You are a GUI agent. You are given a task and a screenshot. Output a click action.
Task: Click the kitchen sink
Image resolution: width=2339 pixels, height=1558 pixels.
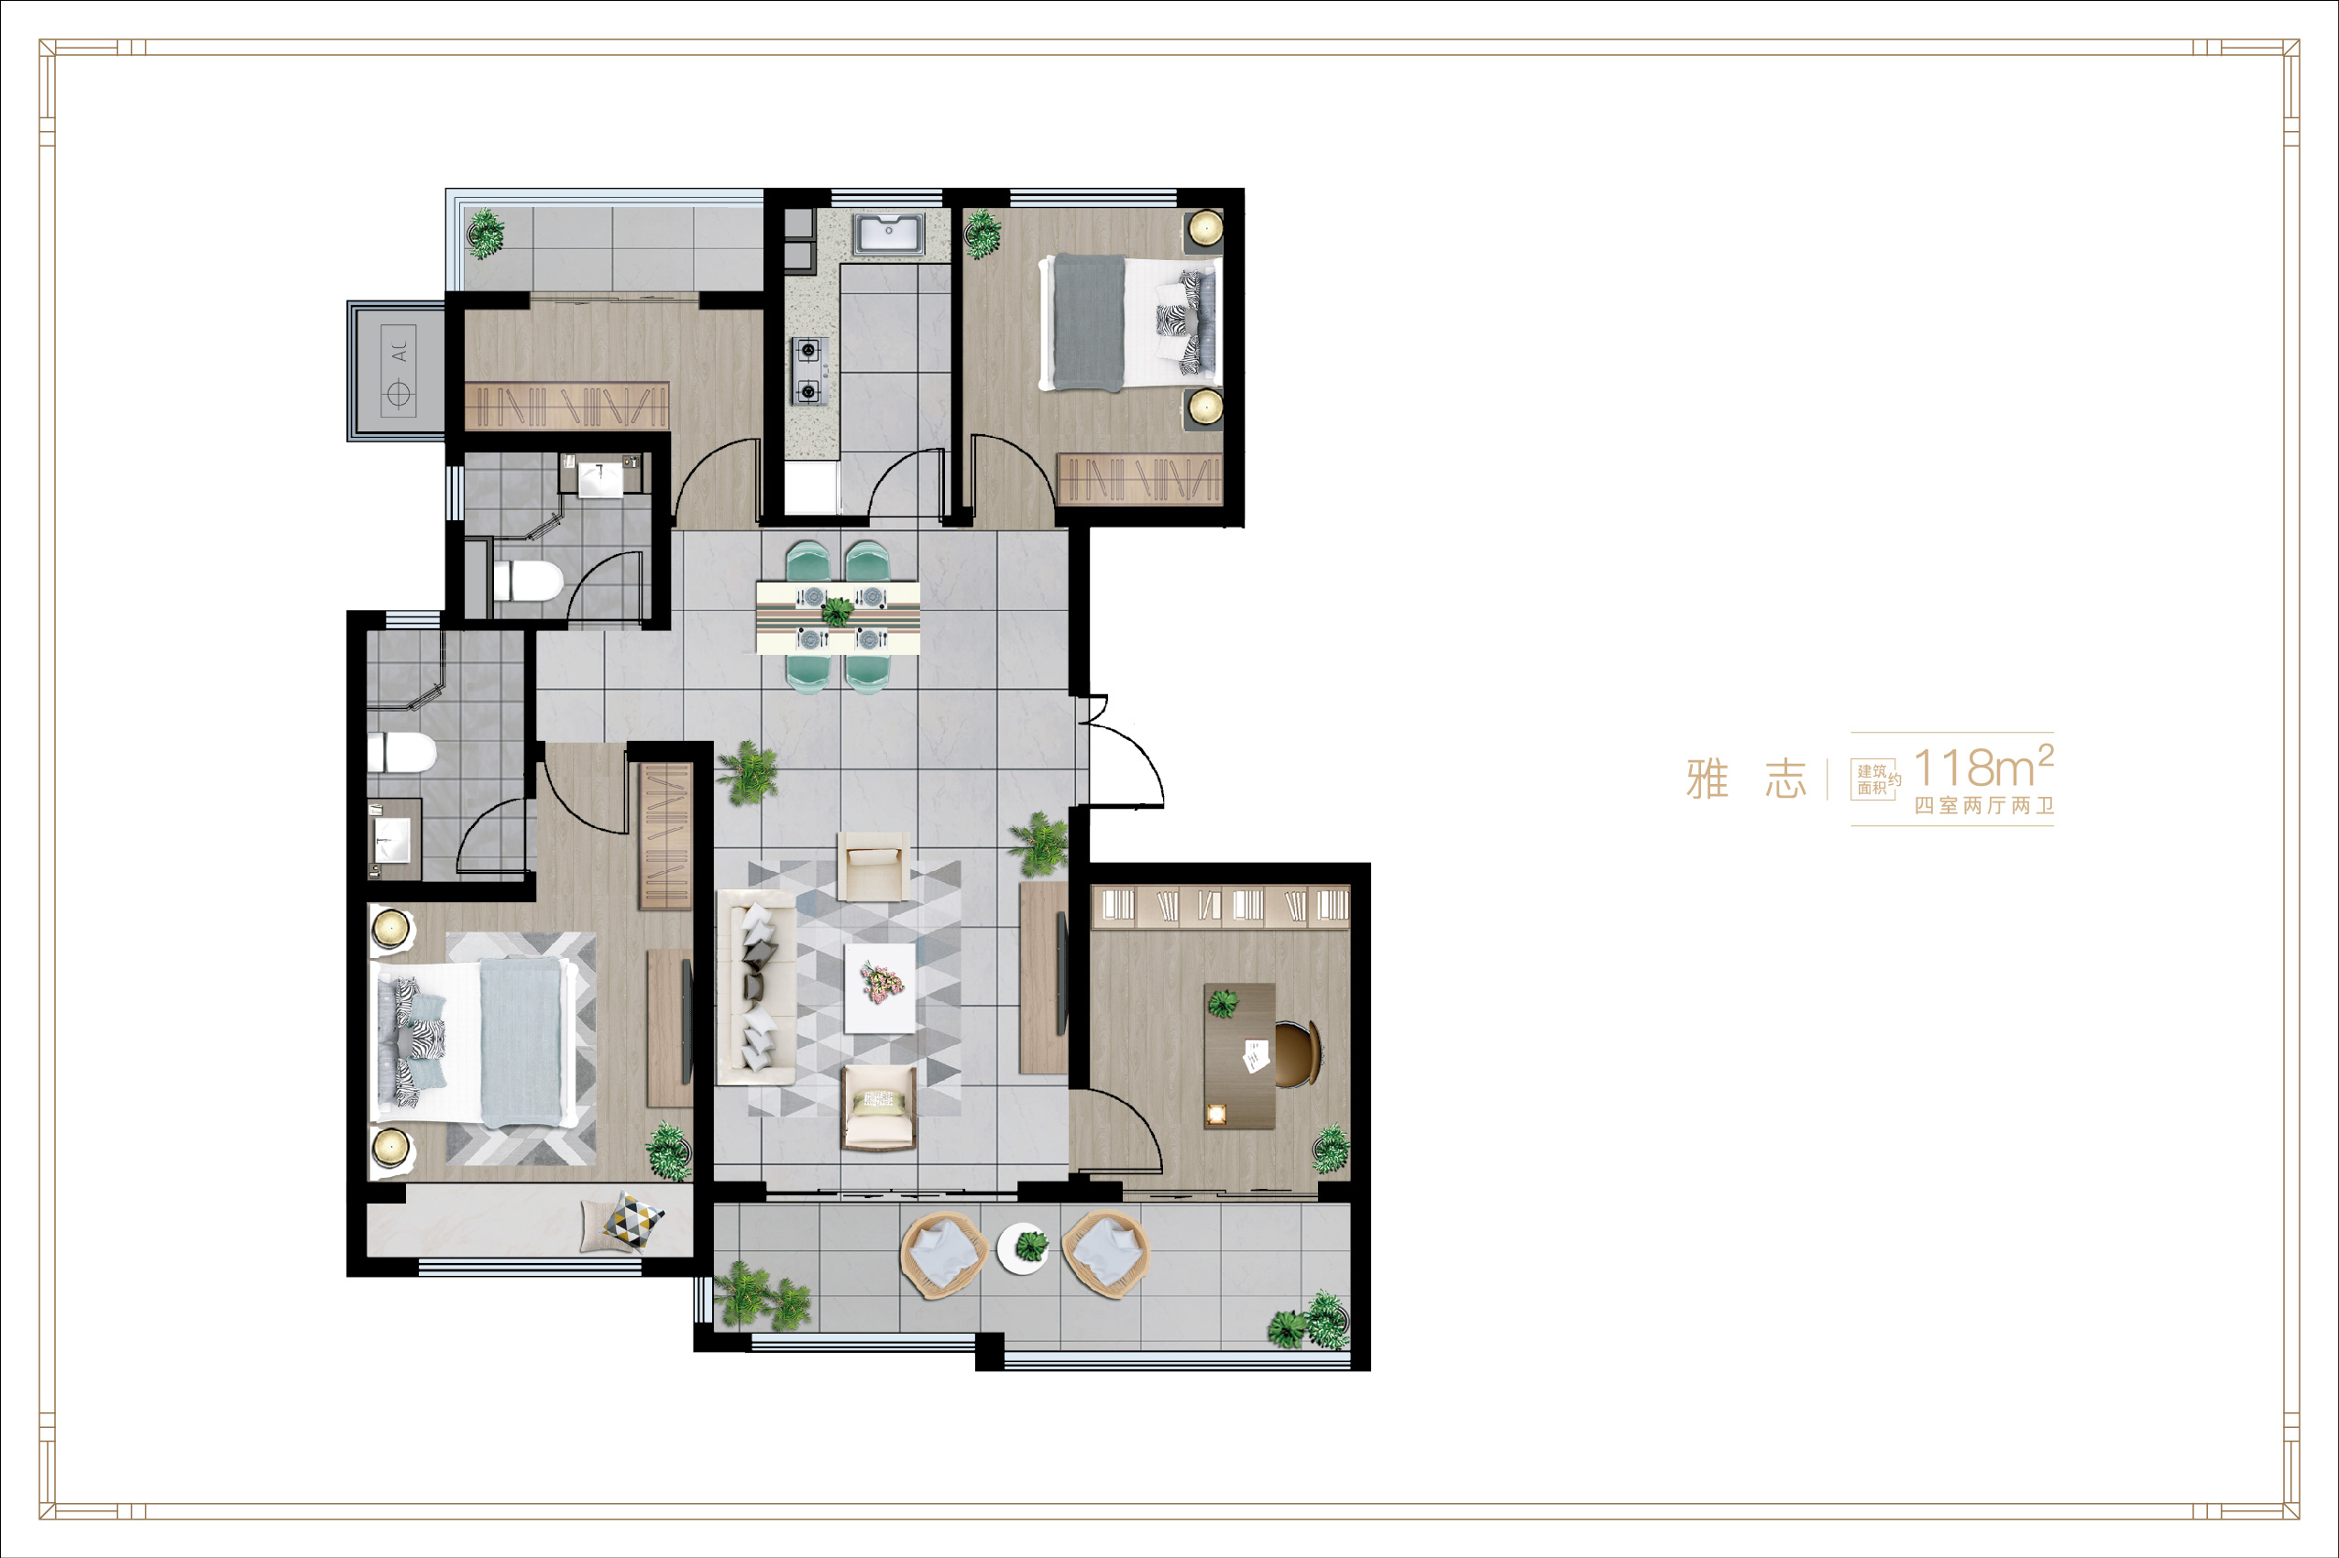point(889,234)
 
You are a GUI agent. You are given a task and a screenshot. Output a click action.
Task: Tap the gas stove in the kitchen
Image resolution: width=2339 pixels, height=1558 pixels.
point(809,371)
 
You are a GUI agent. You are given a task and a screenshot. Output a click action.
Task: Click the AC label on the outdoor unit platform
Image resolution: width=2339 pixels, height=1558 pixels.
point(400,352)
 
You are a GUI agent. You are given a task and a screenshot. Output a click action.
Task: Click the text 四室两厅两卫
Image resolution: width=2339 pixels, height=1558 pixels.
point(1983,806)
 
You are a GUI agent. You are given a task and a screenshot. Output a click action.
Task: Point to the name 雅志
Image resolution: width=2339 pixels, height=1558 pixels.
point(1746,778)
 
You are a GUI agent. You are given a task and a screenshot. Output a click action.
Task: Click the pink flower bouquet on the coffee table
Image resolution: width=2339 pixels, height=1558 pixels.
point(881,982)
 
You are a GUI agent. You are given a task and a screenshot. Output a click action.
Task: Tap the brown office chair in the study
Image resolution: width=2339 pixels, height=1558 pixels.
point(1298,1054)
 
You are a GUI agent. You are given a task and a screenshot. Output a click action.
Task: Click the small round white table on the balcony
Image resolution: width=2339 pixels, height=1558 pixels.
point(1024,1248)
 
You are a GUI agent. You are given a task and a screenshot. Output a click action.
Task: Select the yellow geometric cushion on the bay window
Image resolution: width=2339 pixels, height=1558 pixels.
point(633,1217)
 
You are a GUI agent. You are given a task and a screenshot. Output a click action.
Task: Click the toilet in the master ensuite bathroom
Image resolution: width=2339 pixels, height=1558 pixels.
point(402,753)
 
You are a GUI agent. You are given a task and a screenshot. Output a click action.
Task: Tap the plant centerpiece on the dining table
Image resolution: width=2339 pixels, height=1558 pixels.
point(837,610)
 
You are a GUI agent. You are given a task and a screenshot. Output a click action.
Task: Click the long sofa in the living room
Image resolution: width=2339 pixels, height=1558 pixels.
point(756,986)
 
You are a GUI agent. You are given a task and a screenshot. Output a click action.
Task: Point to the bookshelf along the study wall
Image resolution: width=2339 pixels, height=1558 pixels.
point(1221,905)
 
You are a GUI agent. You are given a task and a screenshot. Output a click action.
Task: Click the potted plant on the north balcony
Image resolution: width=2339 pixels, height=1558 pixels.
point(485,234)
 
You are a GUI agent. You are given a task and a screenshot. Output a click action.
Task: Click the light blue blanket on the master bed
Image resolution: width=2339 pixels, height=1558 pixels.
point(521,1042)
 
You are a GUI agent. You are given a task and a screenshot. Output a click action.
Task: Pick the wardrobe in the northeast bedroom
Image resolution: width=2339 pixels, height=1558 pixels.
point(1140,479)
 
